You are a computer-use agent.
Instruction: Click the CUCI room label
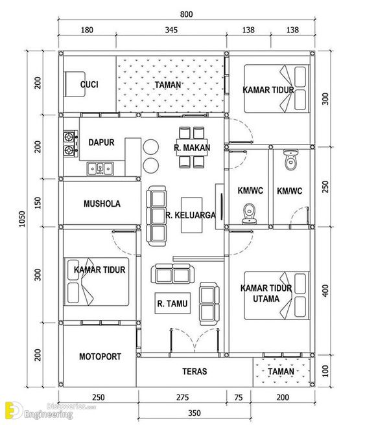[x=89, y=85]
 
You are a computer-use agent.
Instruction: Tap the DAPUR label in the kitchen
[x=101, y=142]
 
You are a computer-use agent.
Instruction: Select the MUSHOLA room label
[x=102, y=203]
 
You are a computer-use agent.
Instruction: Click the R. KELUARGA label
[x=190, y=215]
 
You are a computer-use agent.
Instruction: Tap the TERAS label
[x=194, y=371]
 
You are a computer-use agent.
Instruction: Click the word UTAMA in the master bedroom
[x=266, y=299]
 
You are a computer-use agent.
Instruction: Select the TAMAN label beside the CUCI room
[x=168, y=85]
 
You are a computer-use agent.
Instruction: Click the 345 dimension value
[x=171, y=30]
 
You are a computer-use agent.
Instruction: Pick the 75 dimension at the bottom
[x=239, y=396]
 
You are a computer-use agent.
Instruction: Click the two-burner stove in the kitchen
[x=69, y=144]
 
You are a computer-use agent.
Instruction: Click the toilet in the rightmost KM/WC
[x=290, y=159]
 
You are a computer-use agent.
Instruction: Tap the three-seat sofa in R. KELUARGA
[x=156, y=216]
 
